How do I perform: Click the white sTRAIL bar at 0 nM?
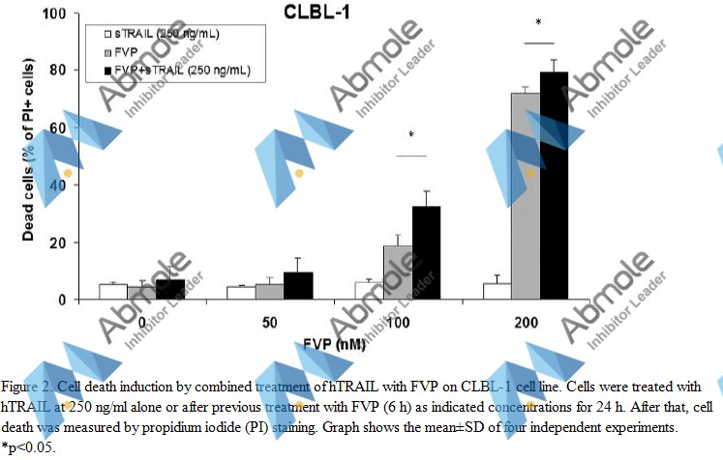tap(112, 292)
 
